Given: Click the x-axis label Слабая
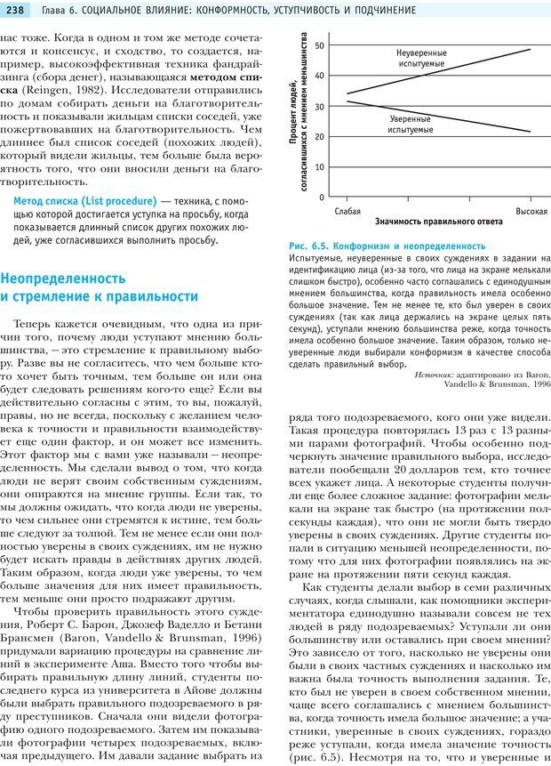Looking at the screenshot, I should coord(347,211).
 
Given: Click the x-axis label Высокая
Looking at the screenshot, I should coord(531,211).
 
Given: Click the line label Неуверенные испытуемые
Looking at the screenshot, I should coord(421,60).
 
